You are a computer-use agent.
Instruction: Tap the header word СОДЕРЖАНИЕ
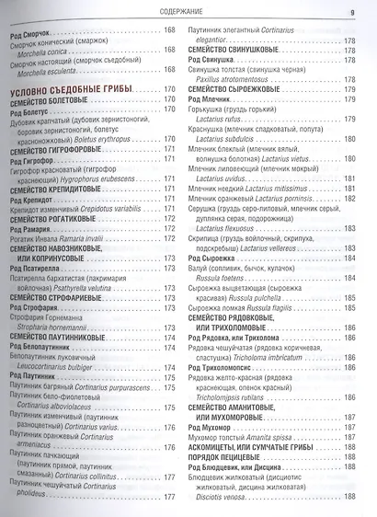188,11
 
